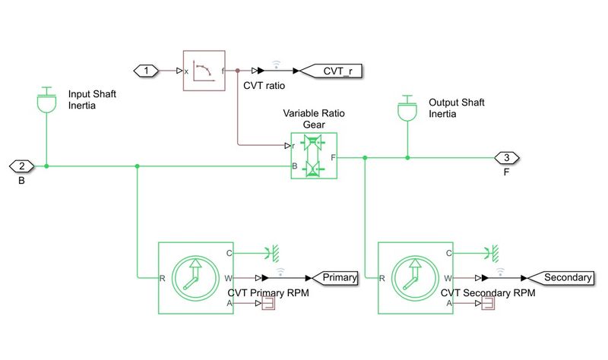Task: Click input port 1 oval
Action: point(146,71)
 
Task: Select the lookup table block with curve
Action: point(204,71)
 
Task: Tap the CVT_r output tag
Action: point(331,71)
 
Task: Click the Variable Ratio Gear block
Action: point(313,156)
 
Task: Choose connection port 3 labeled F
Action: point(506,158)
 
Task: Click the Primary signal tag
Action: point(335,277)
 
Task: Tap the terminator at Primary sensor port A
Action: point(268,304)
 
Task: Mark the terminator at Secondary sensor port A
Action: point(488,304)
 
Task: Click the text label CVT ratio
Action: point(264,86)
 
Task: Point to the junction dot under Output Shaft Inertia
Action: point(407,158)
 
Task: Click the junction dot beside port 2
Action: point(47,166)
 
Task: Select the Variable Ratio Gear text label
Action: point(313,118)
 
